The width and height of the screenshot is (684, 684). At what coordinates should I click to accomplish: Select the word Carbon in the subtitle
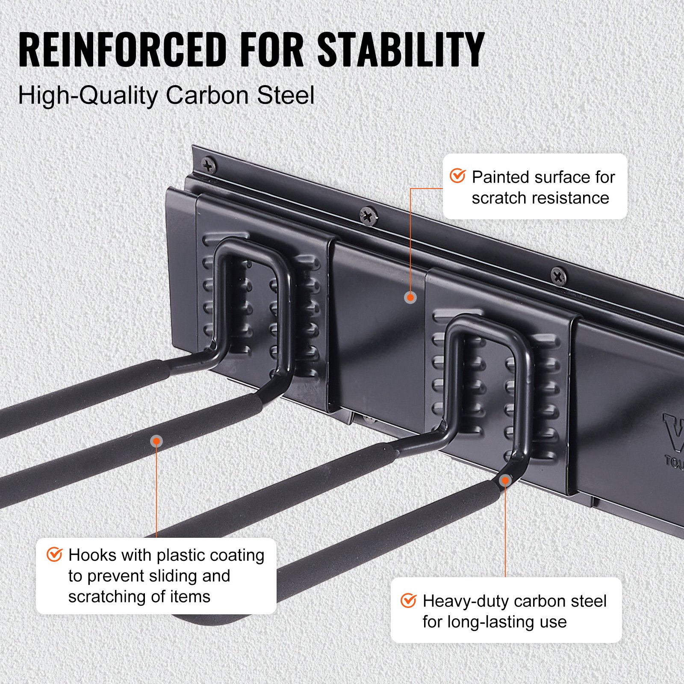pos(207,95)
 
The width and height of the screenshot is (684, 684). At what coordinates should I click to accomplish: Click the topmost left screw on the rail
pos(209,165)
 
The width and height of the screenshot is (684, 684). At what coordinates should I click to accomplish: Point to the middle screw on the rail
pos(368,215)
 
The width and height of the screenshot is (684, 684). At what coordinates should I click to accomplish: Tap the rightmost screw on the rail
pos(558,277)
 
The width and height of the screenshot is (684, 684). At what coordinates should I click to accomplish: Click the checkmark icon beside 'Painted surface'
pos(457,176)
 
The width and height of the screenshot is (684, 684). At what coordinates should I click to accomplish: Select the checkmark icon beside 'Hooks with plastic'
pos(54,554)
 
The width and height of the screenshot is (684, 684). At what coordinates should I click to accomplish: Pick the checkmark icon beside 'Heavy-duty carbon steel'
pos(408,600)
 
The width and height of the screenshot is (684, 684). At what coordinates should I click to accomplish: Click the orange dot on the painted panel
pos(410,297)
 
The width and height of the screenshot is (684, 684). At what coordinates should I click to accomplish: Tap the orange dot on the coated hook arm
pos(157,441)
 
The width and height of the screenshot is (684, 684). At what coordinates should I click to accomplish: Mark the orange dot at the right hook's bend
pos(505,481)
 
